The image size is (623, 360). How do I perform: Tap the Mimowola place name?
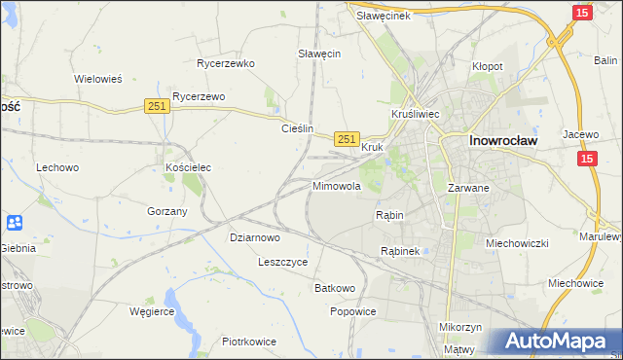click(337, 185)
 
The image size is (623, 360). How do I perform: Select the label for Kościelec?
click(188, 167)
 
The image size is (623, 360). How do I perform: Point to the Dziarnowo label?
click(255, 236)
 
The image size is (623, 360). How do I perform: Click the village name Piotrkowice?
click(249, 342)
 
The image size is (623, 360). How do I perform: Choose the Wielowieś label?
click(97, 79)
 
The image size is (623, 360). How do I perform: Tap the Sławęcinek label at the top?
click(384, 16)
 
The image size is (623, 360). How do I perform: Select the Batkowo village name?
click(335, 289)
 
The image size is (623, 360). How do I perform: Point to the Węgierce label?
click(152, 311)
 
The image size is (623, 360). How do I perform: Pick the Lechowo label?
click(57, 167)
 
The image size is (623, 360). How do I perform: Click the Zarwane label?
click(467, 187)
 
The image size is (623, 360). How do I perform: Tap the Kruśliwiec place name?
click(416, 114)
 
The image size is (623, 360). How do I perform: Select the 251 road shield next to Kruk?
click(348, 140)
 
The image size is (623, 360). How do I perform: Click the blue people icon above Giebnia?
click(15, 223)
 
